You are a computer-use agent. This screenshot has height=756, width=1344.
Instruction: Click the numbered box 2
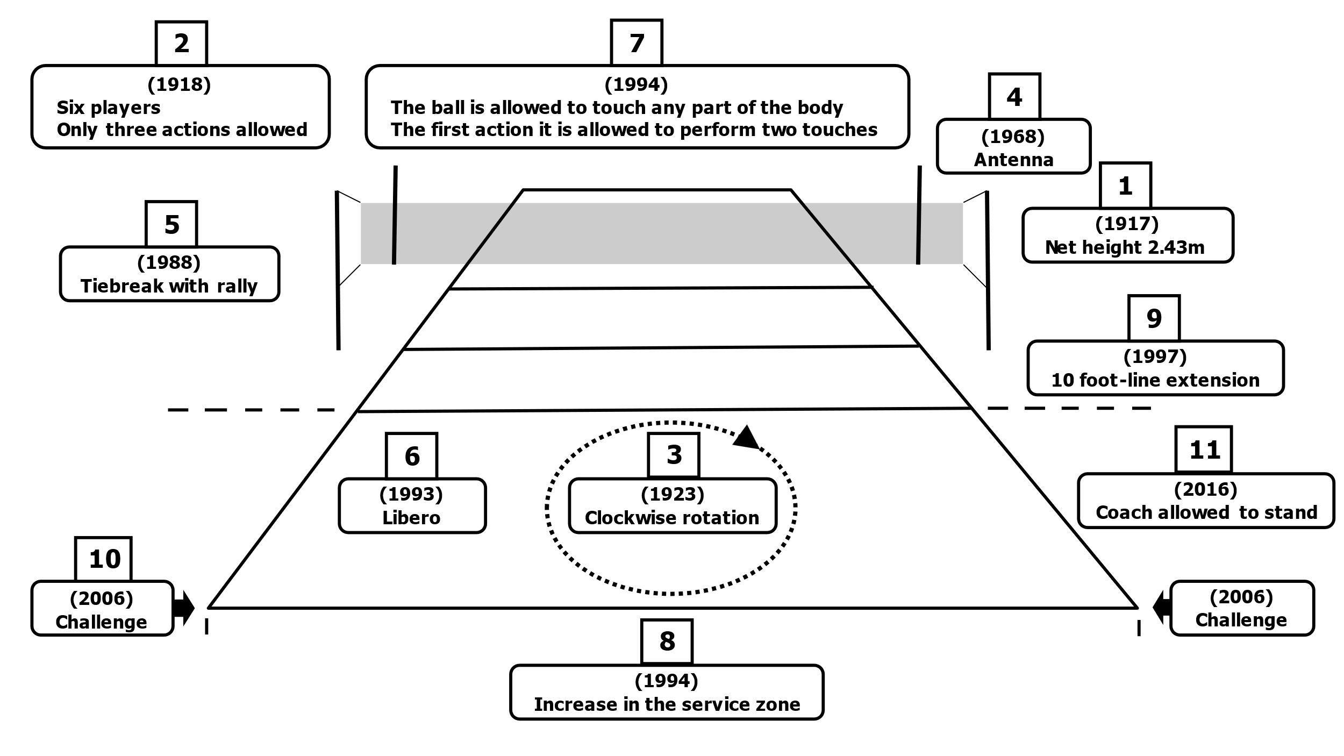(x=181, y=44)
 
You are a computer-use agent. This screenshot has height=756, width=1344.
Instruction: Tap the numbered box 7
(x=637, y=43)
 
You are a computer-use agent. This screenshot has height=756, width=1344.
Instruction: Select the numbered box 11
(x=1204, y=450)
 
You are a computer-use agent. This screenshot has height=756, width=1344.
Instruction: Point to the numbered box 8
(x=667, y=641)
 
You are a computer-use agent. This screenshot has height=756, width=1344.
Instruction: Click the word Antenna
(x=1013, y=160)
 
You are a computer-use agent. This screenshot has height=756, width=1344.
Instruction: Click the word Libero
(x=411, y=517)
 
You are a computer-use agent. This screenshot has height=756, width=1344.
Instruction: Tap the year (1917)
(x=1127, y=223)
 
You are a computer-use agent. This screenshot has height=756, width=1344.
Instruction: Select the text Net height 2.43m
(x=1125, y=247)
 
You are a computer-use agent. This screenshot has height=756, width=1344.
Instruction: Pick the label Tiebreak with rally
(x=169, y=286)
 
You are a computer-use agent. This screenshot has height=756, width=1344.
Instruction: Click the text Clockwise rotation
(x=672, y=517)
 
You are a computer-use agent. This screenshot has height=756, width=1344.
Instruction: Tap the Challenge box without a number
(x=1241, y=608)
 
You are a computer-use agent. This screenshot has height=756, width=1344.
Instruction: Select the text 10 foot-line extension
(x=1155, y=380)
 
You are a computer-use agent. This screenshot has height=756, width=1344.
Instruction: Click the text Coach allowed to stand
(x=1206, y=512)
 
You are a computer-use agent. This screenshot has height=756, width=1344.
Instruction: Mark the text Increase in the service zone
(x=667, y=704)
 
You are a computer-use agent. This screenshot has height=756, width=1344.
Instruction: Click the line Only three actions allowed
(x=182, y=130)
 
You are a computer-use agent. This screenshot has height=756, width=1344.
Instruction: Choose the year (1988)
(x=169, y=262)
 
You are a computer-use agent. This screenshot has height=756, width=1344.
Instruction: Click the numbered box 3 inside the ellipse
(x=674, y=455)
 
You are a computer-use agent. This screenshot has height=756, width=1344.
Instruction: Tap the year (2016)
(x=1206, y=489)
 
